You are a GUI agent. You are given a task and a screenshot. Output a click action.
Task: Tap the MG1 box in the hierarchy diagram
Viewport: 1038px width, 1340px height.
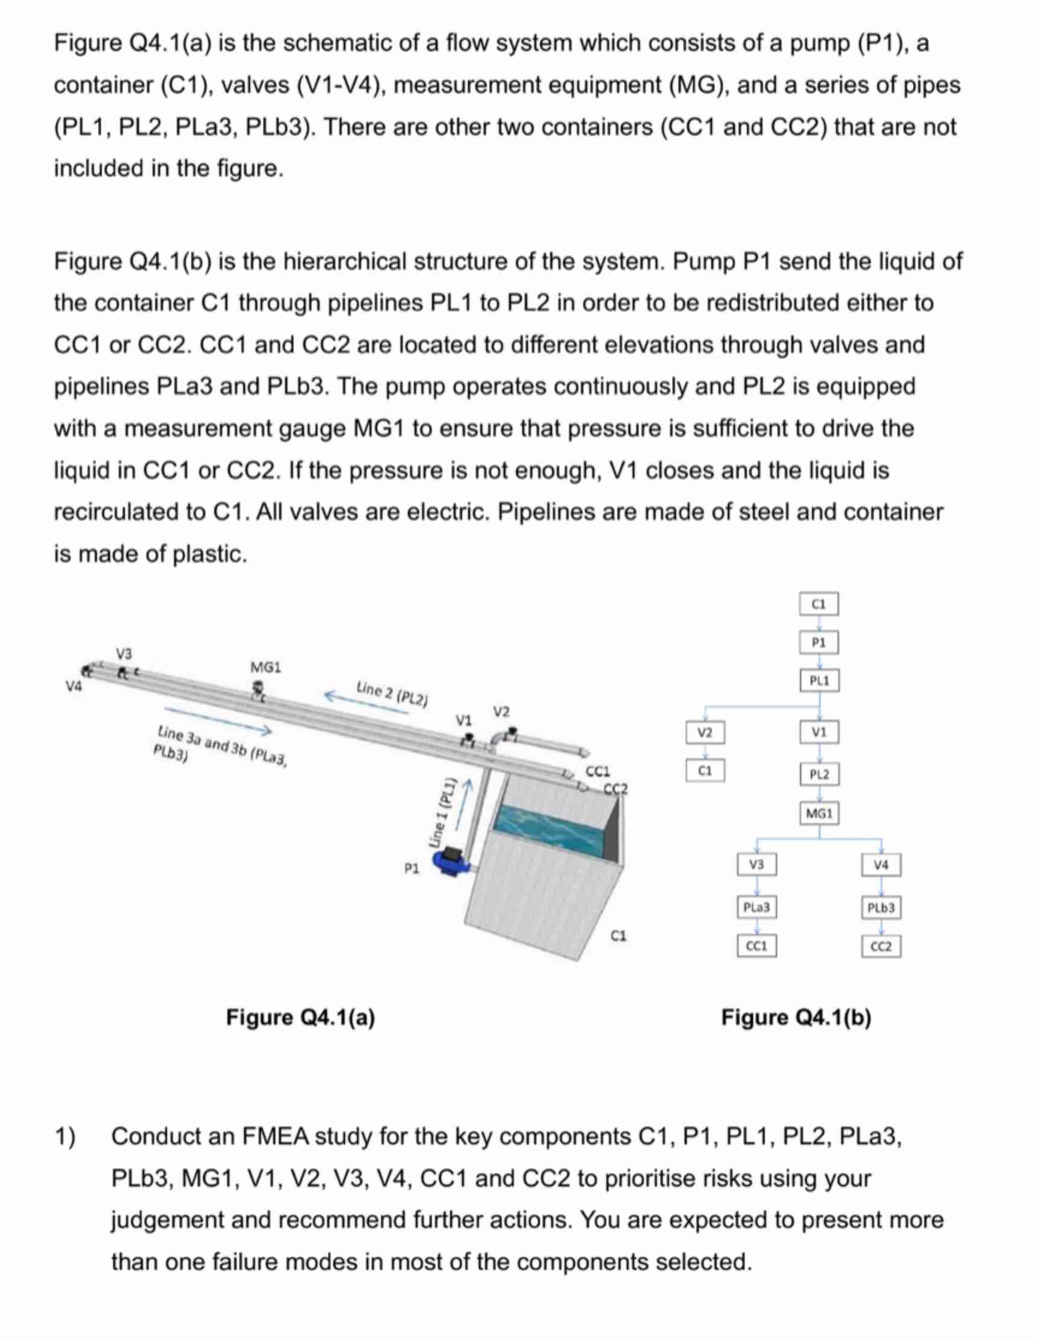click(x=819, y=814)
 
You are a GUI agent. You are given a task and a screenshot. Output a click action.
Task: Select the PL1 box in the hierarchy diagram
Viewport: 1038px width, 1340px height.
click(x=819, y=681)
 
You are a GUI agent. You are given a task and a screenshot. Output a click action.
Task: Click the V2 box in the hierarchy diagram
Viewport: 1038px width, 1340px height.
click(x=705, y=733)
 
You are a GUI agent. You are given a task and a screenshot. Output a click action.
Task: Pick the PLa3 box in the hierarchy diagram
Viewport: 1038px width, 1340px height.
click(x=756, y=907)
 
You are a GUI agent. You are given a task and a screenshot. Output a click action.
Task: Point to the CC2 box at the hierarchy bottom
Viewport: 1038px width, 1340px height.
click(x=881, y=946)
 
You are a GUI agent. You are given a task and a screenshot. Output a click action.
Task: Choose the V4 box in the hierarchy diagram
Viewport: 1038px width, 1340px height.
click(x=881, y=865)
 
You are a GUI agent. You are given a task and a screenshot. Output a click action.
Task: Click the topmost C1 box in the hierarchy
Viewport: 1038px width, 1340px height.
click(x=818, y=604)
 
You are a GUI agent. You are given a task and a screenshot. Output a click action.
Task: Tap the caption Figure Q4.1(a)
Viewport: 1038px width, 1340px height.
click(x=301, y=1017)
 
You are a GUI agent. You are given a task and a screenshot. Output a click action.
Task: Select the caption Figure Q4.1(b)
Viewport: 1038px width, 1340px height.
click(x=795, y=1017)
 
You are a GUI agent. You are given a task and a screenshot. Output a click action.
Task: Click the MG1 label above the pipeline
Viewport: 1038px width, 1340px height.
click(x=265, y=667)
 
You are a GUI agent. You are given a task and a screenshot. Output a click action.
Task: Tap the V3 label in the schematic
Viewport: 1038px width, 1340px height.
click(x=124, y=652)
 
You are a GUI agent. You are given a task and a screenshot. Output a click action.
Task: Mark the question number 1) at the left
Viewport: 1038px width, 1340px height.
click(x=66, y=1137)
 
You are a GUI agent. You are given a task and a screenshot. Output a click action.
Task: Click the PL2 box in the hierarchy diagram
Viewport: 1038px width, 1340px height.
click(x=819, y=774)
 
